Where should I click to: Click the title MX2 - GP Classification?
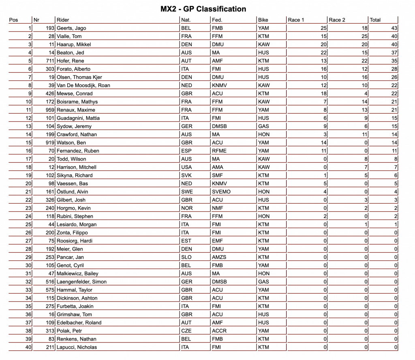(203, 9)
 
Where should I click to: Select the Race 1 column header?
(296, 20)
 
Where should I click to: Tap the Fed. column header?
(217, 20)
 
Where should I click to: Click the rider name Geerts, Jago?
(71, 28)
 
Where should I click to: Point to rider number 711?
(50, 61)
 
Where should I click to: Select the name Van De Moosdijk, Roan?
(83, 86)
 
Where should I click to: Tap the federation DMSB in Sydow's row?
(219, 126)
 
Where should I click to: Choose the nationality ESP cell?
(186, 151)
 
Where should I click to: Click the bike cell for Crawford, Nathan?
(263, 135)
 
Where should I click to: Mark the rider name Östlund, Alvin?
(72, 192)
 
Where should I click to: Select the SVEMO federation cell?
(221, 192)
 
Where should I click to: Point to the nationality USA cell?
(186, 167)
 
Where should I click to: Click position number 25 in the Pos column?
(28, 225)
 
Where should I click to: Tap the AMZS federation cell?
(219, 257)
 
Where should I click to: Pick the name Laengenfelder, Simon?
(81, 282)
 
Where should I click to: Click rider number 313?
(50, 331)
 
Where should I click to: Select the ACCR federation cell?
(219, 331)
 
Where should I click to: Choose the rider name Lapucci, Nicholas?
(77, 347)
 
